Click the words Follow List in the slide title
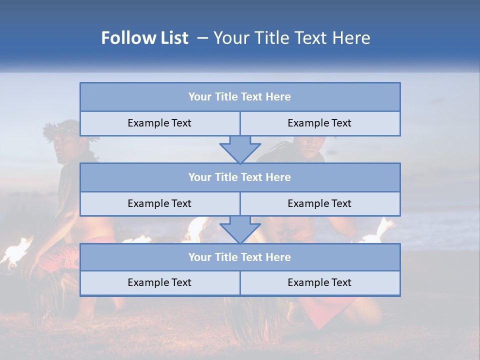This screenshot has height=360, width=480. click(x=145, y=38)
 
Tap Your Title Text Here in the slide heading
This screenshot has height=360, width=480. click(x=291, y=38)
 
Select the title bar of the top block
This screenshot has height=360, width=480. click(x=240, y=97)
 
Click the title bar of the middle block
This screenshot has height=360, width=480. click(x=240, y=177)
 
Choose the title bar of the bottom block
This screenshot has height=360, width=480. click(x=240, y=257)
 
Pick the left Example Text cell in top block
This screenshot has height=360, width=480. click(x=160, y=123)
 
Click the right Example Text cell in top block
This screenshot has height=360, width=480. click(x=320, y=123)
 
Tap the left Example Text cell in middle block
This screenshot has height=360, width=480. click(x=160, y=203)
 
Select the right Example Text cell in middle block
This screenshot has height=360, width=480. click(x=320, y=203)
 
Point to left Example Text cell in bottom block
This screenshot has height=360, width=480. click(x=160, y=282)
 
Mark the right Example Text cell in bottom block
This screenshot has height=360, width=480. click(x=320, y=282)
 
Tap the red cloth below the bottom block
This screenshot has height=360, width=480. click(x=330, y=310)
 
